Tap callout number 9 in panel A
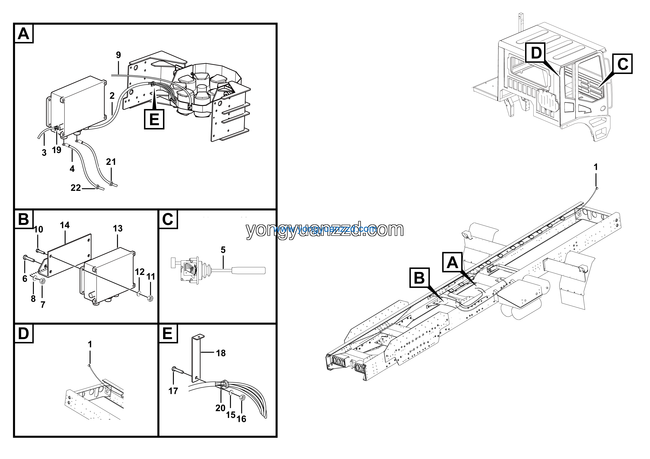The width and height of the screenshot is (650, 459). (x=118, y=55)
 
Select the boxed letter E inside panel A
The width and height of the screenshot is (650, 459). (x=154, y=119)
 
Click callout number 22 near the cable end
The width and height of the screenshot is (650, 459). (x=76, y=188)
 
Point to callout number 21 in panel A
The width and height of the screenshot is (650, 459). (x=111, y=162)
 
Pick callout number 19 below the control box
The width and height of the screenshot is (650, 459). (x=57, y=150)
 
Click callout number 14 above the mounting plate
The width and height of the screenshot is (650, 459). (x=65, y=225)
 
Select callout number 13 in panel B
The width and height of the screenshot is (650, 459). (x=118, y=228)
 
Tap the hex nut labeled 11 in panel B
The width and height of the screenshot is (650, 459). (x=150, y=298)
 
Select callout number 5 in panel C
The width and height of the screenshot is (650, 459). (x=223, y=250)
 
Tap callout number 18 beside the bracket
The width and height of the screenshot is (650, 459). (x=221, y=353)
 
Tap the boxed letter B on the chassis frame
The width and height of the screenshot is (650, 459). (x=419, y=278)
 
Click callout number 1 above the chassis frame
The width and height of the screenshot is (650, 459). (x=596, y=167)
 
